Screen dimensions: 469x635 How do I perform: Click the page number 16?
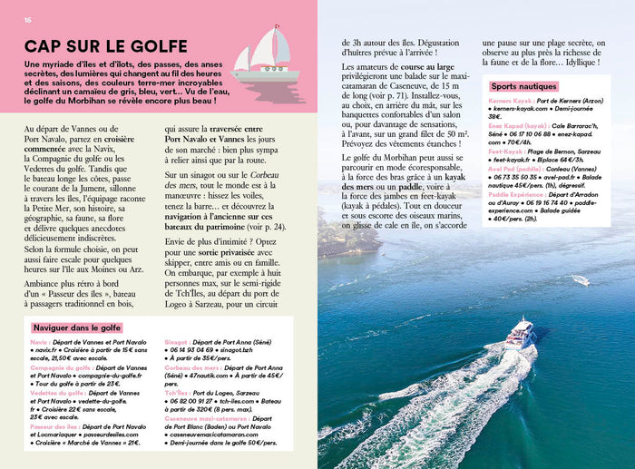coord(28,20)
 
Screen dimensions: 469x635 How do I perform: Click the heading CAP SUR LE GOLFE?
coord(105,46)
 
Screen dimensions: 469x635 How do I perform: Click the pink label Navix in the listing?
coord(38,344)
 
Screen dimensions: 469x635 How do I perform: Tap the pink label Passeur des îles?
coord(54,425)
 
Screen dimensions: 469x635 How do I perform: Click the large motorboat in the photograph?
coord(520,334)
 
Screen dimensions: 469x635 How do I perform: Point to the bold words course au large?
coord(418,68)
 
